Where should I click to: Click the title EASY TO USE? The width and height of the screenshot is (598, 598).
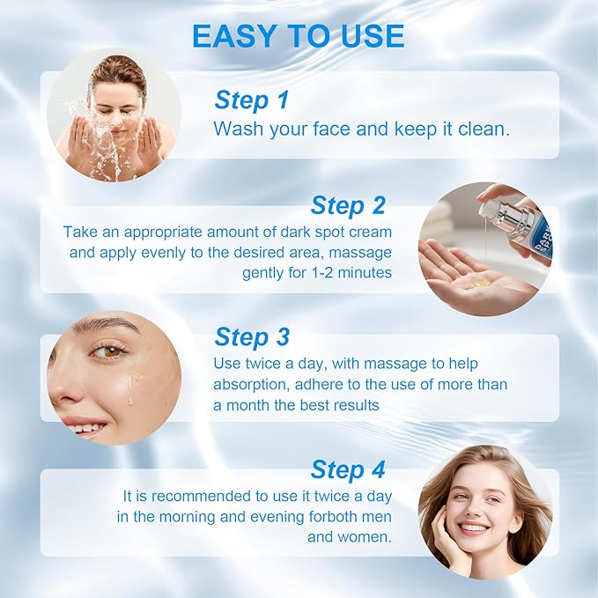click(x=298, y=36)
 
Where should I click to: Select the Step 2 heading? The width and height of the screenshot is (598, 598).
click(x=348, y=205)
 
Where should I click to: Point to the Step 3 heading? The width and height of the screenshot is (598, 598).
click(x=252, y=336)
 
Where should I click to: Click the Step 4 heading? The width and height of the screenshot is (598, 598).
click(x=348, y=469)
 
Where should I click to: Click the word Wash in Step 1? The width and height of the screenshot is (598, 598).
click(x=237, y=129)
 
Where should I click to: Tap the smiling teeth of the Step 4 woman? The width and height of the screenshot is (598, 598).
click(x=473, y=528)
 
